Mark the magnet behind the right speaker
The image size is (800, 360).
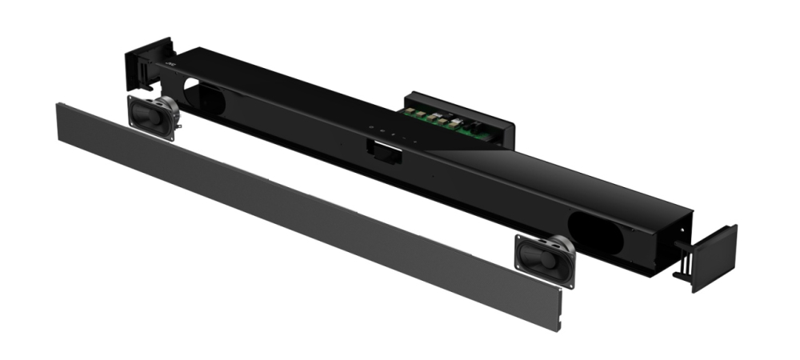pos(562,243)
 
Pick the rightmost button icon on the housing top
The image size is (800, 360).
pos(414,139)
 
